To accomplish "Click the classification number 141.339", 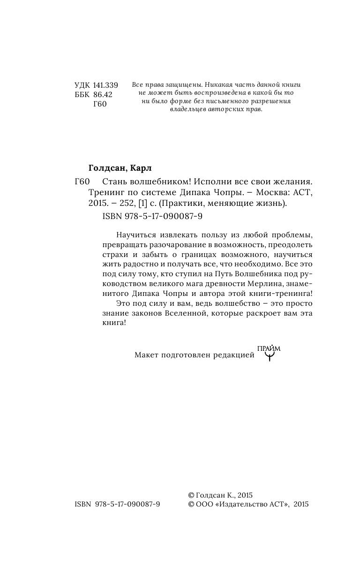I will [105, 85].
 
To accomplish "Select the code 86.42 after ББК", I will [103, 95].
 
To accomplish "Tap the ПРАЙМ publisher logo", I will [269, 354].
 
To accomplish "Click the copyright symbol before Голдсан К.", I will [190, 495].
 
